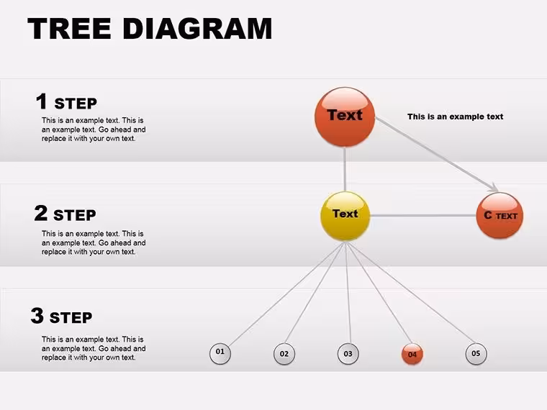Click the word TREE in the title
pyautogui.click(x=69, y=28)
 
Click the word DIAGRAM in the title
pyautogui.click(x=197, y=28)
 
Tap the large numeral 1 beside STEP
pyautogui.click(x=42, y=101)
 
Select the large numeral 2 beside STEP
pyautogui.click(x=41, y=213)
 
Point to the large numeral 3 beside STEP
pyautogui.click(x=37, y=316)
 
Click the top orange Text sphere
pyautogui.click(x=345, y=117)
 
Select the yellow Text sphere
pyautogui.click(x=345, y=217)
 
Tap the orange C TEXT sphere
pyautogui.click(x=499, y=216)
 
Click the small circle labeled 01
pyautogui.click(x=220, y=353)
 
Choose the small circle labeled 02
pyautogui.click(x=284, y=354)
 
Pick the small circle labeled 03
pyautogui.click(x=348, y=354)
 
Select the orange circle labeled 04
pyautogui.click(x=412, y=354)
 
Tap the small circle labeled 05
pyautogui.click(x=476, y=353)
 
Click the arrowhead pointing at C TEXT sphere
pyautogui.click(x=494, y=188)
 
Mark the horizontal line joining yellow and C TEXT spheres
pyautogui.click(x=423, y=216)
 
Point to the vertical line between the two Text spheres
pyautogui.click(x=345, y=169)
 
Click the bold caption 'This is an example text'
pyautogui.click(x=456, y=117)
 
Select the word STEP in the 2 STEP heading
pyautogui.click(x=75, y=215)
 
